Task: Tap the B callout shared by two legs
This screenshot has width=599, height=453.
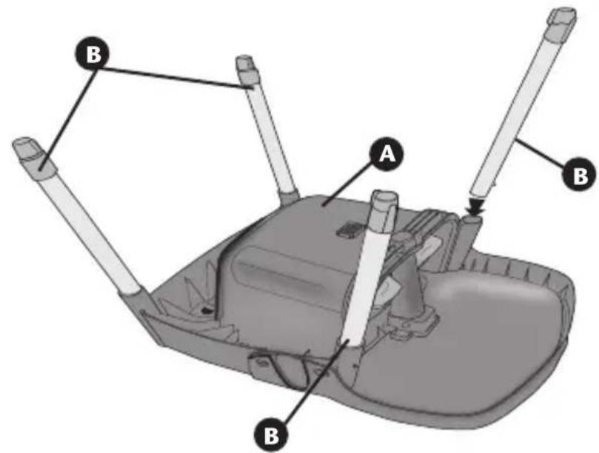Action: tap(92, 56)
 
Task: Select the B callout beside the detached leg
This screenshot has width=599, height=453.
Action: tap(580, 175)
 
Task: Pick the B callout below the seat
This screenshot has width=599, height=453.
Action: tap(272, 434)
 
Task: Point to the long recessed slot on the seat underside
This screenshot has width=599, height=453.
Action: tap(279, 275)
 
